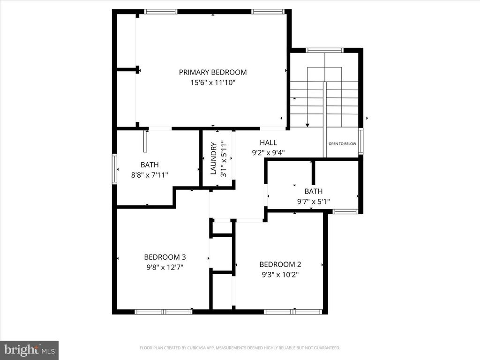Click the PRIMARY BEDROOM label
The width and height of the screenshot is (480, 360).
pos(212,72)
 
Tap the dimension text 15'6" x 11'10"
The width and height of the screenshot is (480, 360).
pos(212,82)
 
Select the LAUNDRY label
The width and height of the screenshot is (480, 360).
pos(213,158)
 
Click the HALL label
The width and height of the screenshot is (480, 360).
pos(268,142)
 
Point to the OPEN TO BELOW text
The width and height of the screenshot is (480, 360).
pos(342,144)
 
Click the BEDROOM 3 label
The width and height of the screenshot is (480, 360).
pos(165,257)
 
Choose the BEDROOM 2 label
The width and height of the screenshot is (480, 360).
pos(280,264)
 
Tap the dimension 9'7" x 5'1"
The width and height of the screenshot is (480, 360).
pos(313,202)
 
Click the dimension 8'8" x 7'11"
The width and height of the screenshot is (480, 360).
pos(150,175)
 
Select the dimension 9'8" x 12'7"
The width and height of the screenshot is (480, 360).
pos(165,267)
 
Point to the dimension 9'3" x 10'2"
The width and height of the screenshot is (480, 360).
pos(280,275)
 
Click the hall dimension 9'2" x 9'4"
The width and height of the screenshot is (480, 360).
pos(268,152)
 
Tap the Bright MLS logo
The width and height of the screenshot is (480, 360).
pos(29,350)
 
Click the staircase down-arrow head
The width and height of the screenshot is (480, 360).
pos(307,125)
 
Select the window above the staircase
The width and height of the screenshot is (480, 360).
pos(324,50)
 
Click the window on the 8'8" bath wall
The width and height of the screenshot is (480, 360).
pos(114,169)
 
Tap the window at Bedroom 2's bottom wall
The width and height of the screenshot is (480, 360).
pos(293,311)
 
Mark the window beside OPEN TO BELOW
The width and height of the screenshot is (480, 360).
pos(360,141)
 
